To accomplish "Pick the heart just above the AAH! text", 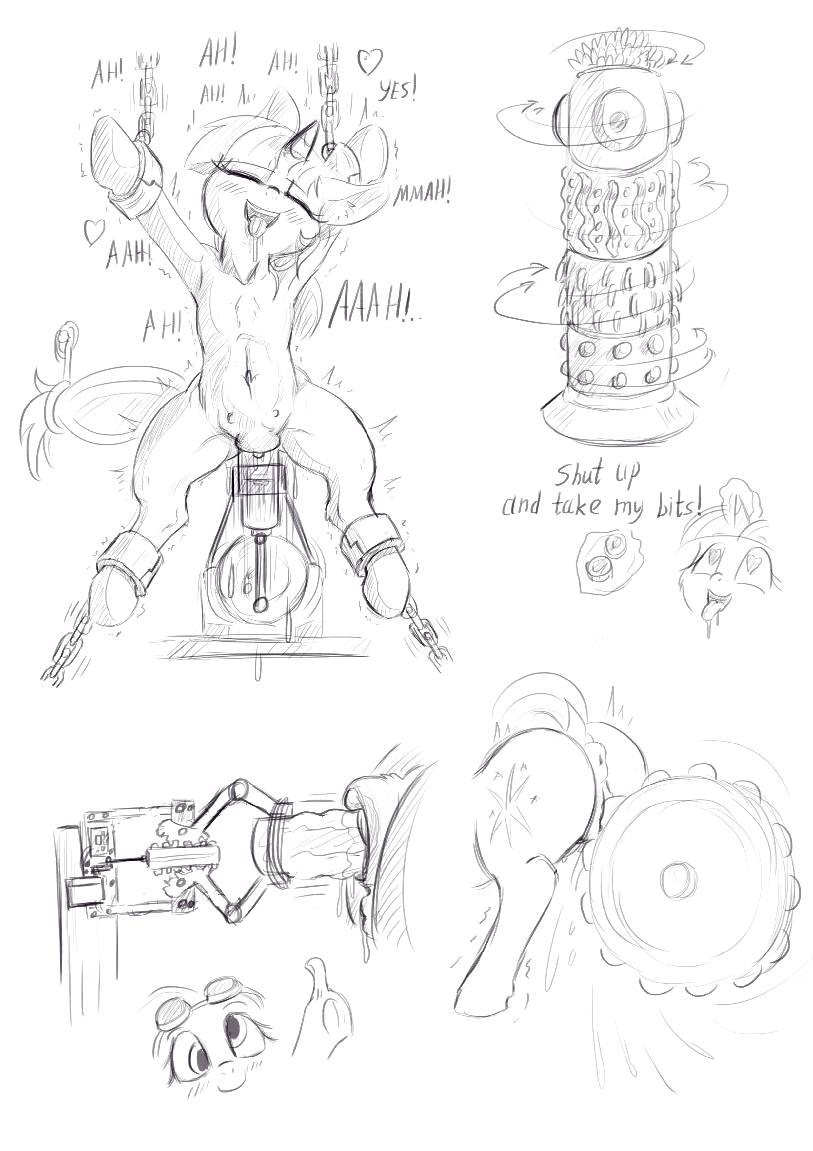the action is (x=93, y=232).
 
